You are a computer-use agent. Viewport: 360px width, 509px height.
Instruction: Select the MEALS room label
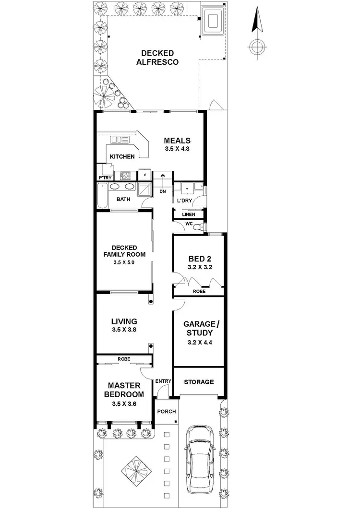click(x=177, y=141)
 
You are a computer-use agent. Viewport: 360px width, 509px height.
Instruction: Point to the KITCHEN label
click(x=122, y=157)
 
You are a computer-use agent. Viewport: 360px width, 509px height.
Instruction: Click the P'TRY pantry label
click(x=105, y=177)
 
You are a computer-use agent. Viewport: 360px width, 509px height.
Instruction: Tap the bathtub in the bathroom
click(x=102, y=197)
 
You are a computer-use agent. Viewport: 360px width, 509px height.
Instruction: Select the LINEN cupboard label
click(x=189, y=214)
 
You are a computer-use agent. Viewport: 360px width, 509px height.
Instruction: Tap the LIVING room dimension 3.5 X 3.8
click(x=124, y=330)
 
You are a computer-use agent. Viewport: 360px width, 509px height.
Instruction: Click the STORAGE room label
click(x=199, y=382)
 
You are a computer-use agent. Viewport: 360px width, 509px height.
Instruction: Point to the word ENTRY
click(x=163, y=381)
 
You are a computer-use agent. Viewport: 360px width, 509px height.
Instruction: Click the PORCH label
click(x=167, y=412)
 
